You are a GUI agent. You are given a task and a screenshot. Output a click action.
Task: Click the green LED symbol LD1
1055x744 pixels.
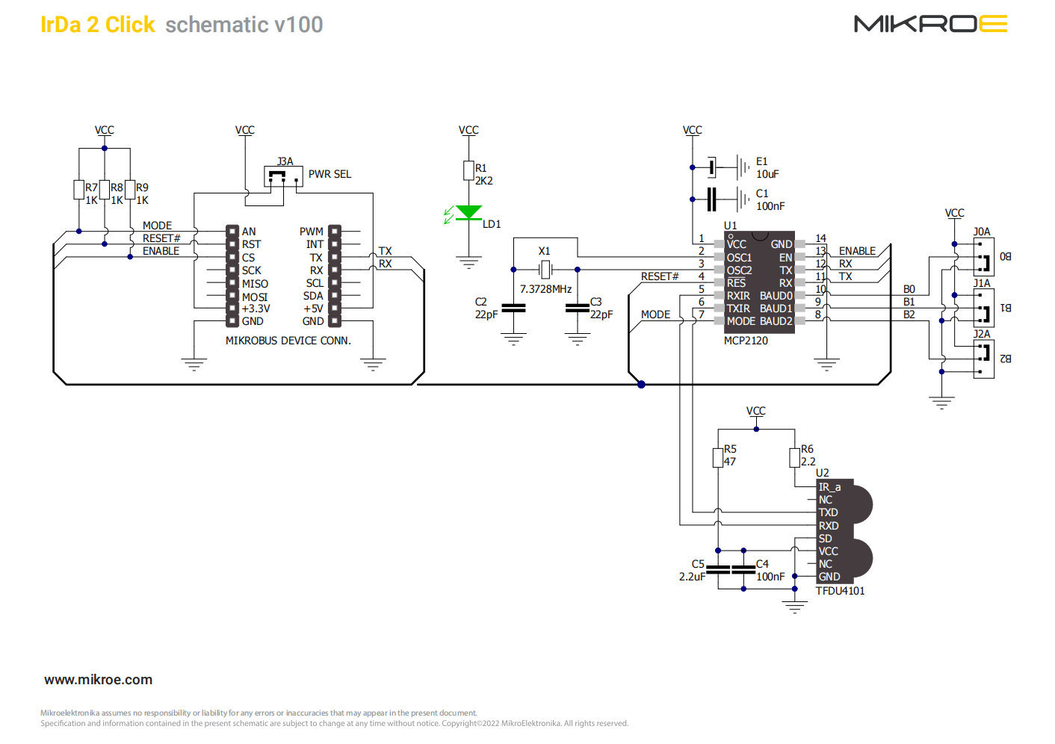pyautogui.click(x=468, y=213)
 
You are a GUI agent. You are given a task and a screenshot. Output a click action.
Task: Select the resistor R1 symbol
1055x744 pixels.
pyautogui.click(x=468, y=170)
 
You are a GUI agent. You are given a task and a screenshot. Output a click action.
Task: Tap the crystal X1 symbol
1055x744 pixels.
pyautogui.click(x=545, y=269)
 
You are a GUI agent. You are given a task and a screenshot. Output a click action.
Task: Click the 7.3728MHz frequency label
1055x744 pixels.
pyautogui.click(x=545, y=289)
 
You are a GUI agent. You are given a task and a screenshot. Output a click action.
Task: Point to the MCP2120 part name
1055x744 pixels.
pyautogui.click(x=746, y=341)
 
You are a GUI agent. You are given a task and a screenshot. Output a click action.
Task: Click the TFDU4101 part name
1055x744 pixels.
pyautogui.click(x=840, y=591)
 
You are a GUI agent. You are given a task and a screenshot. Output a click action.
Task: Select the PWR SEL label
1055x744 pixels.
pyautogui.click(x=330, y=174)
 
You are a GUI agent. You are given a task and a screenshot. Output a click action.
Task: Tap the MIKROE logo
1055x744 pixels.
pyautogui.click(x=930, y=24)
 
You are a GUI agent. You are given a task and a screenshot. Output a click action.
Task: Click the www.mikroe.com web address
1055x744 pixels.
pyautogui.click(x=98, y=680)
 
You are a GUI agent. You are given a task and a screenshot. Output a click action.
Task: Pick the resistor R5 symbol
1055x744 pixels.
pyautogui.click(x=718, y=456)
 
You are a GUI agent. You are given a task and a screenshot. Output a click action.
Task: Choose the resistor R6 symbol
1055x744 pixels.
pyautogui.click(x=794, y=456)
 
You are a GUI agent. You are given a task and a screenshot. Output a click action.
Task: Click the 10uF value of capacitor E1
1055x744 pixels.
pyautogui.click(x=767, y=174)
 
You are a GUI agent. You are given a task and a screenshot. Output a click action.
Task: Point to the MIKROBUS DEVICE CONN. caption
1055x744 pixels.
pyautogui.click(x=288, y=341)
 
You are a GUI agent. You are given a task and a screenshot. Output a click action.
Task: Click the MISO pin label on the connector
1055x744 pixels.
pyautogui.click(x=255, y=284)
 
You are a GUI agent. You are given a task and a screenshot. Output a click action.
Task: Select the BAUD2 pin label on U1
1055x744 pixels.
pyautogui.click(x=776, y=321)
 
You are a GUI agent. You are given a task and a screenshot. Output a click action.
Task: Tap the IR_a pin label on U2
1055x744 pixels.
pyautogui.click(x=829, y=487)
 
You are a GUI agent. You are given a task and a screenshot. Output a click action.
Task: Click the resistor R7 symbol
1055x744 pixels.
pyautogui.click(x=78, y=190)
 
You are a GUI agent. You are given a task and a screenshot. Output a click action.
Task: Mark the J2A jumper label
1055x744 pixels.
pyautogui.click(x=982, y=334)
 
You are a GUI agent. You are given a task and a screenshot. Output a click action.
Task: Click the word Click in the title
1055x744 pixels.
pyautogui.click(x=130, y=25)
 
